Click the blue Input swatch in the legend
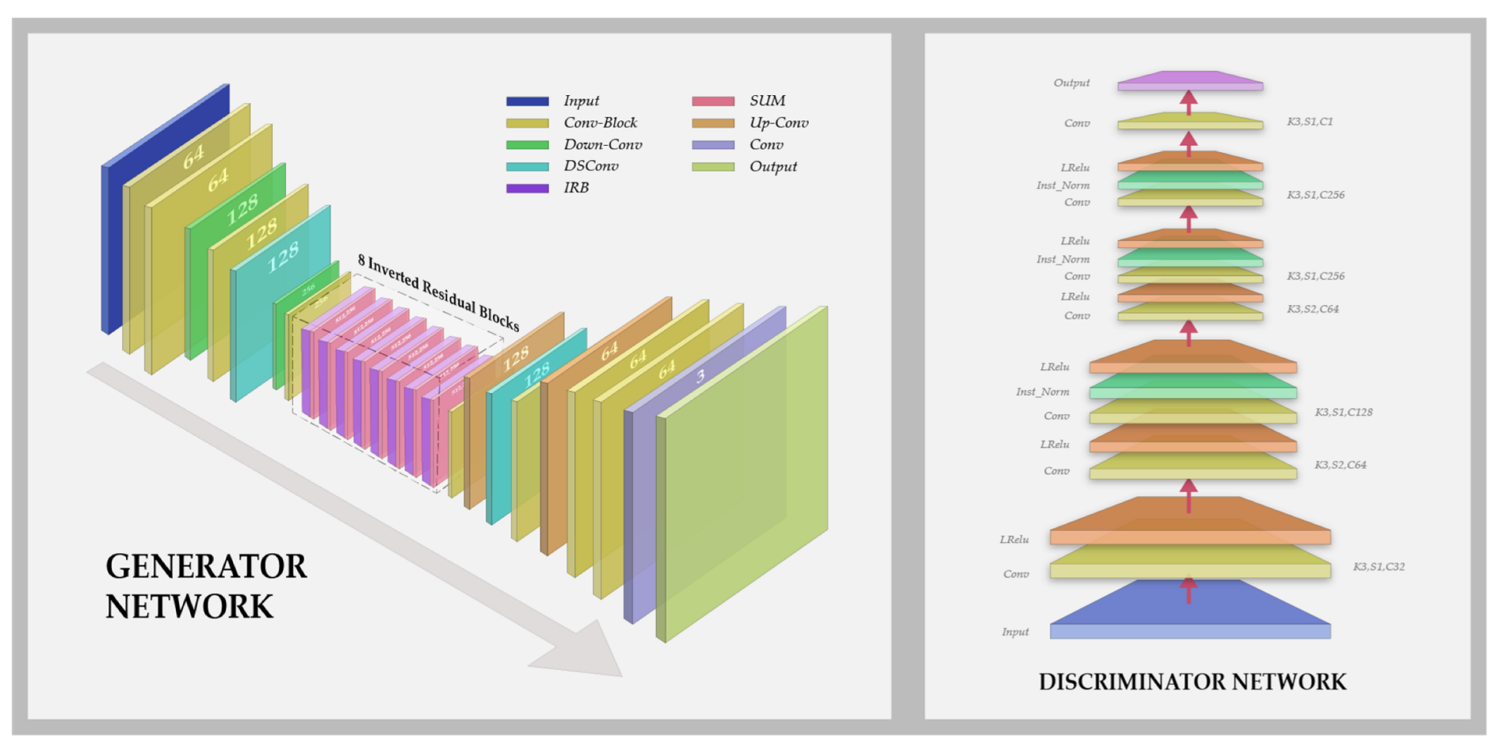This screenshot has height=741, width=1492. click(527, 101)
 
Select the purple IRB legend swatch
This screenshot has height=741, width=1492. click(527, 189)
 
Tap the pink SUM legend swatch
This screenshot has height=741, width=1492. click(712, 101)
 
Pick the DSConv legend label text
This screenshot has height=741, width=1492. click(591, 166)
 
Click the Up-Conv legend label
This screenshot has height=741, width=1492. click(778, 123)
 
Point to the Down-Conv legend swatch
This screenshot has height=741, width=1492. click(527, 145)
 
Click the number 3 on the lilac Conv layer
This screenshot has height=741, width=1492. click(700, 376)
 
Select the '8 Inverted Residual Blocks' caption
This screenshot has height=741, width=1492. click(438, 292)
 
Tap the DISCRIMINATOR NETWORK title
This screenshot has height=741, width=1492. click(1192, 682)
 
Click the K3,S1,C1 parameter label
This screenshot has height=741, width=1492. click(1309, 122)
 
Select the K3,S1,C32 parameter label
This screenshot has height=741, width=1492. click(1378, 567)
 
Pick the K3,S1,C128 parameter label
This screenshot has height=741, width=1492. click(1343, 412)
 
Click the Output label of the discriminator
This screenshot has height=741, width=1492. click(1071, 83)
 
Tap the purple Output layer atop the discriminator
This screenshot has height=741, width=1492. click(1190, 80)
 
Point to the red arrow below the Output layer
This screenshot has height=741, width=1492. click(1189, 101)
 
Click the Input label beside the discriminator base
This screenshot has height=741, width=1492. click(1015, 632)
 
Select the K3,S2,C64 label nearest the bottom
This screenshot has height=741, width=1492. click(1340, 465)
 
